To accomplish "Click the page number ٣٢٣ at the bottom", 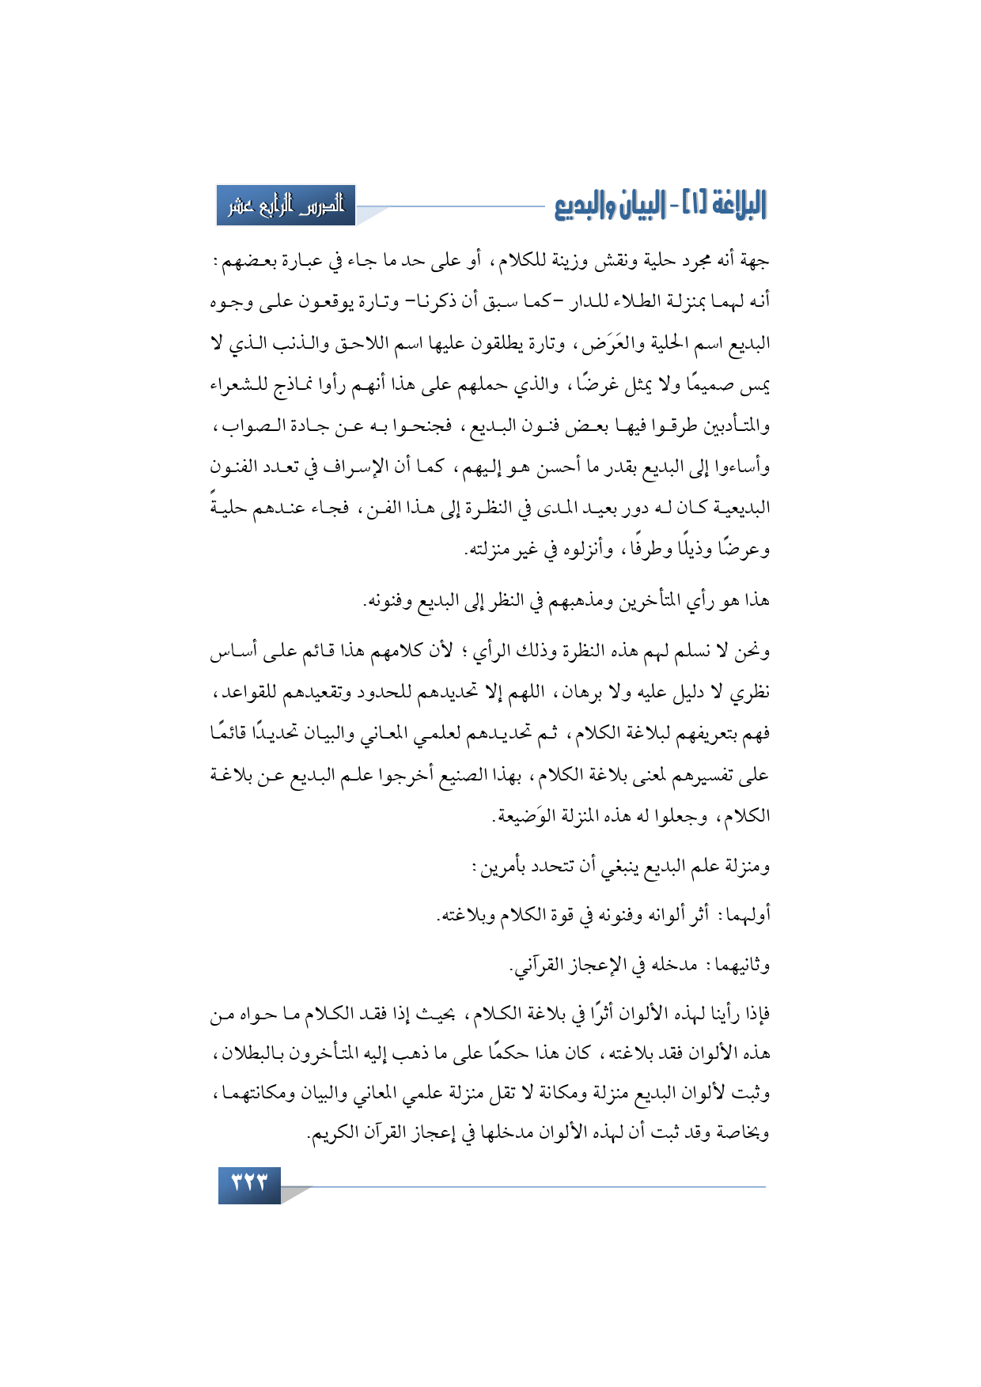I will tap(249, 1185).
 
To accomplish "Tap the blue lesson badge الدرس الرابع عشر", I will tap(286, 206).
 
